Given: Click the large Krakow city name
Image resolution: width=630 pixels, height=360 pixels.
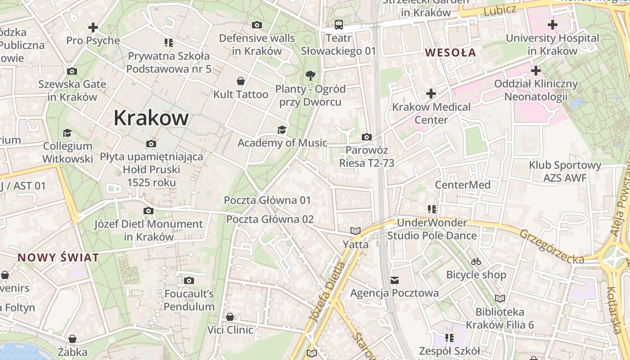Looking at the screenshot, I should [x=151, y=118].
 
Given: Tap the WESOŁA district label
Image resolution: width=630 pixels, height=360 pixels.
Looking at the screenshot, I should [x=450, y=53].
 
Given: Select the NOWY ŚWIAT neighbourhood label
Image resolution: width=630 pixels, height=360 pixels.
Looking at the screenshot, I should [x=58, y=258].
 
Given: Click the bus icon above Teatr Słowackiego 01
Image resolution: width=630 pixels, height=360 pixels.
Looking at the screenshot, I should [x=338, y=24].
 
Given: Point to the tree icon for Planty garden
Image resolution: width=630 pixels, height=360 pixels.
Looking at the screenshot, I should [x=310, y=75].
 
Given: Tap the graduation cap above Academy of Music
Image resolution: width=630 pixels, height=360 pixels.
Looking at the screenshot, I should [x=282, y=130].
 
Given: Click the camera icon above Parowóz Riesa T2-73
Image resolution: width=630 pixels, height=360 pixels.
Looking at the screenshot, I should [x=367, y=137].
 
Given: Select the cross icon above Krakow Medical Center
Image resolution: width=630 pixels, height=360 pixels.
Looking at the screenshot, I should [x=431, y=94].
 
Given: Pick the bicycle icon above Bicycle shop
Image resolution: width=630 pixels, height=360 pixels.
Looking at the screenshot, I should [x=476, y=261].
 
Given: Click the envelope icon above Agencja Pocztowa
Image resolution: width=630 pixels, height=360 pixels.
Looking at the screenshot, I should [x=395, y=280].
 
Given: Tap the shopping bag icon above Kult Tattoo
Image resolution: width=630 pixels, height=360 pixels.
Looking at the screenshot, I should [x=241, y=81].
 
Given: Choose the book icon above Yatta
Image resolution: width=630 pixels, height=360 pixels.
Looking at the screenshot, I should [x=355, y=231].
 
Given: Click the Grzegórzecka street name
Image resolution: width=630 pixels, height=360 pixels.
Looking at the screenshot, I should [x=552, y=247].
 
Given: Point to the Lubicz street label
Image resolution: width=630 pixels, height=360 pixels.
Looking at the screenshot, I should [x=499, y=11].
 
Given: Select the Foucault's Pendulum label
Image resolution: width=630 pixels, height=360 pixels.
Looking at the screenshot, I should [x=189, y=300].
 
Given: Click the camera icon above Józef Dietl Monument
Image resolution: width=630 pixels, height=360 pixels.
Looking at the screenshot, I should [x=148, y=211].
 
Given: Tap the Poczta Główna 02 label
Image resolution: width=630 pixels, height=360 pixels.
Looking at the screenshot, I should [x=270, y=220].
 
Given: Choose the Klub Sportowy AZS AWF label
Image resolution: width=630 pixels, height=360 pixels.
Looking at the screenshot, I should [x=565, y=171].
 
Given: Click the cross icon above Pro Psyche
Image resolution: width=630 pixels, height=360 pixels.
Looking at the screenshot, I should [x=93, y=27].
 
